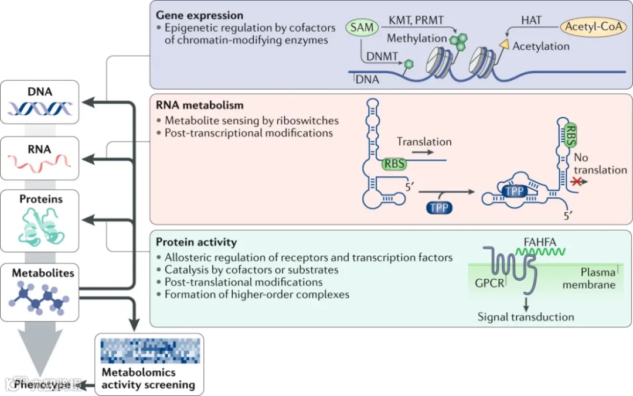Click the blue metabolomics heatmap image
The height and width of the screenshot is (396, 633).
pos(149,351)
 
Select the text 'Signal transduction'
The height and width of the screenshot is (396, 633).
pos(526,317)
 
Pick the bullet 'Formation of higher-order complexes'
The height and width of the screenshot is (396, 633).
pos(257,295)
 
